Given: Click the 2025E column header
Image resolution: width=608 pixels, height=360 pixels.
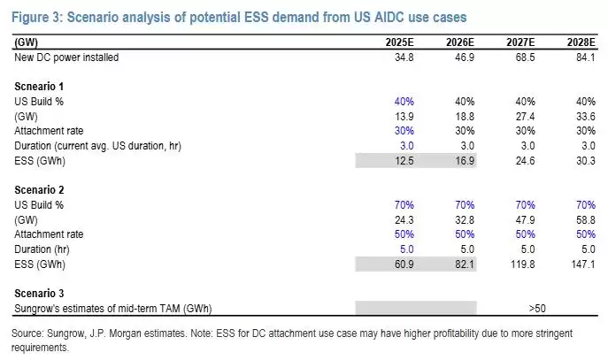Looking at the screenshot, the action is (399, 42).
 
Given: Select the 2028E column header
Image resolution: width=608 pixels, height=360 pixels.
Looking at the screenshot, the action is (581, 42).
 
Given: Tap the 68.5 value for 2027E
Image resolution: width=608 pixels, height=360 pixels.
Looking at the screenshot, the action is (525, 57).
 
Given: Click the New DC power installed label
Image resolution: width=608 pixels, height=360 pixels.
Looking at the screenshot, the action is (66, 57).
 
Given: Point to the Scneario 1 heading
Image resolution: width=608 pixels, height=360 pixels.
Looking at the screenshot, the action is (39, 87).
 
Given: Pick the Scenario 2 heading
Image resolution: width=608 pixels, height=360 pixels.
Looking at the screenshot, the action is (39, 190).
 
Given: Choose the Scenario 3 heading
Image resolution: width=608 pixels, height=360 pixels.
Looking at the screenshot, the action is (39, 294).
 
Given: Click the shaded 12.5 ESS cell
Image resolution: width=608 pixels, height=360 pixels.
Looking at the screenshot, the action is (404, 161).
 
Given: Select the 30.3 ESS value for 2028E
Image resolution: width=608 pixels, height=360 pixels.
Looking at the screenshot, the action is (586, 161).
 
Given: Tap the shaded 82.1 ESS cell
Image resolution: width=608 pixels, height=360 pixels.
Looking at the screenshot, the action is (465, 264).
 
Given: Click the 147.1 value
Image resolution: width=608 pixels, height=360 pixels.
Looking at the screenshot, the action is (583, 264).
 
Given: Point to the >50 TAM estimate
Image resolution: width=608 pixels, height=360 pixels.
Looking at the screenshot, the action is (537, 309).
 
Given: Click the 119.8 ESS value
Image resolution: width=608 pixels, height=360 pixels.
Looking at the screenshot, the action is (523, 264).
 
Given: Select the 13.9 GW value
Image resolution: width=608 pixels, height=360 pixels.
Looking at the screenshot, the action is (404, 117).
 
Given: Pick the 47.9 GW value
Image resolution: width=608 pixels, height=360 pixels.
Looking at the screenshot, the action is (525, 220).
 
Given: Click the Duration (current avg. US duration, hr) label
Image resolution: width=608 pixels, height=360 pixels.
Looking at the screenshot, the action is (97, 146).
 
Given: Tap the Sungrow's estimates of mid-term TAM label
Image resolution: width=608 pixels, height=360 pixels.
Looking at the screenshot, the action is (112, 309).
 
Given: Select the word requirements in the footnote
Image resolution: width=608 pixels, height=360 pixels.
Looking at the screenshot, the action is (40, 348).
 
